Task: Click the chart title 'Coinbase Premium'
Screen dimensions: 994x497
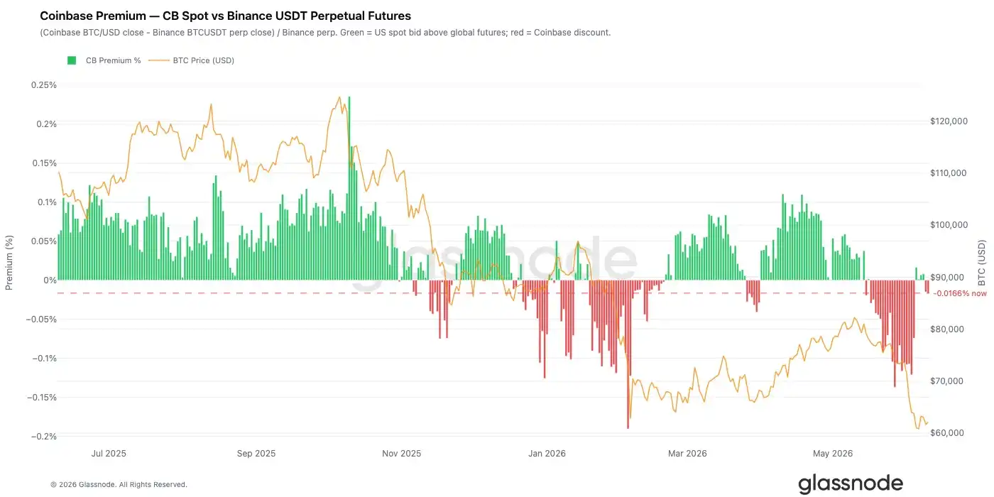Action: pos(93,16)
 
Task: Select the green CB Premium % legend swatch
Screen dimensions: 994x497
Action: pos(72,60)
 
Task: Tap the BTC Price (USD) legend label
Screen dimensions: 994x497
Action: pos(204,60)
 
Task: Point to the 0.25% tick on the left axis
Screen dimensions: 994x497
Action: pos(44,84)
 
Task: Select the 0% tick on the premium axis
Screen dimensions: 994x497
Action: pos(50,280)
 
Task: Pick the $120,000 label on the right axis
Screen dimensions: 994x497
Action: pos(949,121)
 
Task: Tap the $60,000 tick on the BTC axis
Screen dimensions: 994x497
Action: pos(947,432)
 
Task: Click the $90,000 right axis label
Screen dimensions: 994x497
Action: pos(947,278)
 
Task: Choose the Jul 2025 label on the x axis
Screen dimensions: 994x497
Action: pos(109,454)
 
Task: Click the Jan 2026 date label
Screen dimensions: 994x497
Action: pos(547,454)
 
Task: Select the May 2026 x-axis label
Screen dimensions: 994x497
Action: pos(833,454)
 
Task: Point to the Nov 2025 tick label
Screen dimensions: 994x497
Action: pos(402,454)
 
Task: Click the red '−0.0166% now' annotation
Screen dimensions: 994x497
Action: pos(960,293)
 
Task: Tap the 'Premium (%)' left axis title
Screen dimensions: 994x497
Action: pos(9,263)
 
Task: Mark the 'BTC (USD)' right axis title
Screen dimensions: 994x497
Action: pos(982,263)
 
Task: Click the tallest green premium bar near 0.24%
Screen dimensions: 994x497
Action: pos(349,188)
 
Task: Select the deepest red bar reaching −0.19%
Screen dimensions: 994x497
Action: pos(628,354)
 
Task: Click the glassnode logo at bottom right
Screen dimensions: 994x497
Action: pos(851,484)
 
